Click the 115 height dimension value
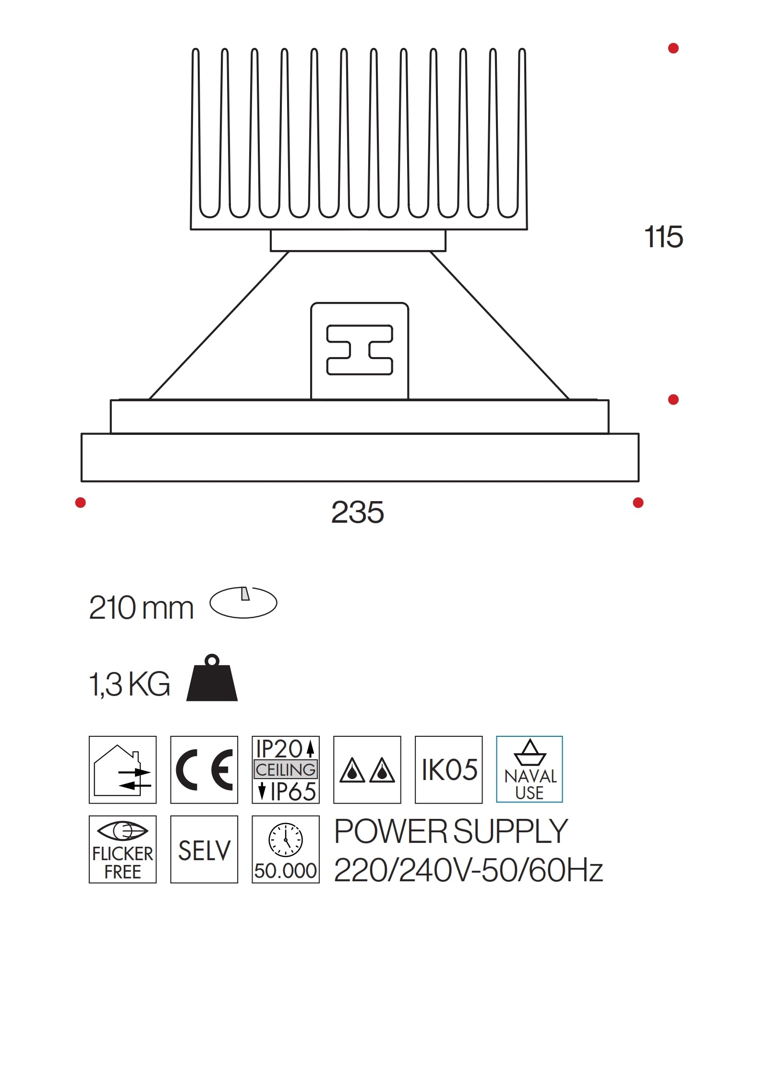pos(663,237)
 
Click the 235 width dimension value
pos(357,512)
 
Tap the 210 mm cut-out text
pos(141,608)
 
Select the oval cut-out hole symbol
pos(243,602)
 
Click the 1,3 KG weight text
pos(130,684)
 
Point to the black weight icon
pos(212,679)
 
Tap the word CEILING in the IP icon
pos(285,769)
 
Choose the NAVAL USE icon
pos(529,769)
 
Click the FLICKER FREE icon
pos(122,850)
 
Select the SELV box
pos(204,850)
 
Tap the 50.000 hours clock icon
pos(285,850)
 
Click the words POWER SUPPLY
pos(451,831)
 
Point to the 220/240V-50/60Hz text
pos(468,870)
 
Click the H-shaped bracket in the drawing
pos(360,350)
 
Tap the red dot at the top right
pos(673,48)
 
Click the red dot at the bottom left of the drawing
pos(81,503)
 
